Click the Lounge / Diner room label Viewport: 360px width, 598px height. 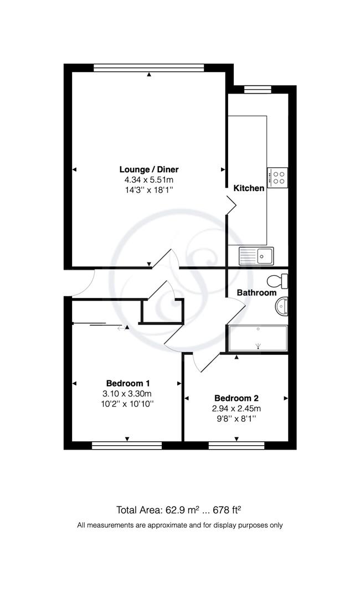(149, 169)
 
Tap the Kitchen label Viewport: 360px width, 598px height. (249, 188)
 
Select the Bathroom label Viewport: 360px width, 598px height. (256, 292)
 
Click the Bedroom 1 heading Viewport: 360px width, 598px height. (128, 383)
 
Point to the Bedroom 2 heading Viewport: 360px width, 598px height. (236, 398)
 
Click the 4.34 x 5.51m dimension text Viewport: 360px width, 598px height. (149, 180)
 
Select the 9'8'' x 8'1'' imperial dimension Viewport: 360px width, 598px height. (236, 419)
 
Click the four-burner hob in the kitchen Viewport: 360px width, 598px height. (277, 178)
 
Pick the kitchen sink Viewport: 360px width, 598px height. (256, 256)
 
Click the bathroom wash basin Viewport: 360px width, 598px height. (282, 306)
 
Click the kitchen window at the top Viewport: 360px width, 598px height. (258, 89)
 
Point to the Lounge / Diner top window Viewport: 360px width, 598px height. (149, 68)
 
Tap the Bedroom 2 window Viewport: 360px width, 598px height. (236, 445)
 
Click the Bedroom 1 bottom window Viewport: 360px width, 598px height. (127, 445)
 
